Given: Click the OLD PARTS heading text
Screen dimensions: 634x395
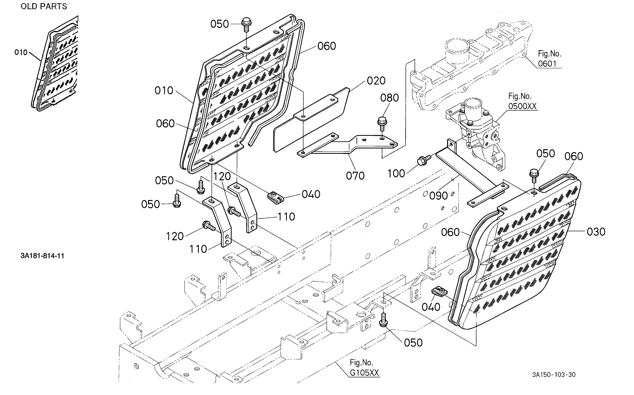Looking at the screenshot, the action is pos(44,6).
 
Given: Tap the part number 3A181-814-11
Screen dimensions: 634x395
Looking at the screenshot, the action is pos(42,256).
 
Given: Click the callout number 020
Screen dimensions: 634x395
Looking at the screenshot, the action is pos(376,81).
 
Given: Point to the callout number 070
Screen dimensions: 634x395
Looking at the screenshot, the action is pos(355,176).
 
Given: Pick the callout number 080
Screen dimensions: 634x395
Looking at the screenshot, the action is pos(389,98).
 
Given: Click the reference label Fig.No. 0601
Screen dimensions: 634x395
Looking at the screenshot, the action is pos(549,59).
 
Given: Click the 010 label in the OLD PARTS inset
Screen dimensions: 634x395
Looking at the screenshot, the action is pos(21,53).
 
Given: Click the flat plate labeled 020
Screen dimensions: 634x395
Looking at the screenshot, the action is pos(311,120).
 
